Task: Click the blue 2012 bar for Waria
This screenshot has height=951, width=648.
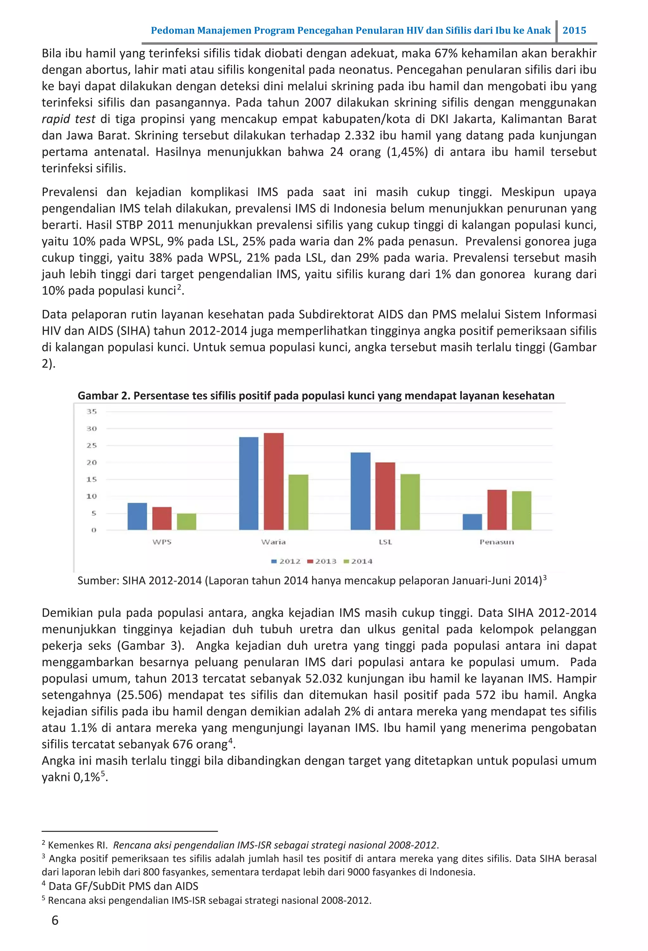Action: pos(249,483)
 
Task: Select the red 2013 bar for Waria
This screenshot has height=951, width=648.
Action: pos(274,481)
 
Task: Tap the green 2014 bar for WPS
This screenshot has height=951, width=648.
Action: pos(186,521)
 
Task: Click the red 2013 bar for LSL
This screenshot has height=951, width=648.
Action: pos(385,496)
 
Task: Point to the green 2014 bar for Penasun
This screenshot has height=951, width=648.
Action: pos(521,510)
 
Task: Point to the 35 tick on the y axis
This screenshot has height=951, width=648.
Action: pos(92,412)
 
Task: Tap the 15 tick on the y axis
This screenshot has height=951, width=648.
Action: pos(92,479)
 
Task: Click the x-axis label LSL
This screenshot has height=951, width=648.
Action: pos(385,542)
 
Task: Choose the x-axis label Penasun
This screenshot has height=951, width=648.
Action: pos(496,542)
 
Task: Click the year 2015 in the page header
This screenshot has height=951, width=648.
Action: pos(574,30)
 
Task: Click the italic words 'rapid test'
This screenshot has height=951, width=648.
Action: pos(68,119)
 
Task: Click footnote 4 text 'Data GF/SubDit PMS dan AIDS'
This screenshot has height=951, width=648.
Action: pos(123,886)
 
